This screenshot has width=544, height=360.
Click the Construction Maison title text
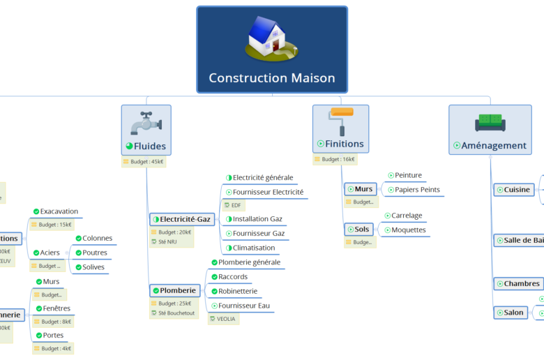tap(271, 78)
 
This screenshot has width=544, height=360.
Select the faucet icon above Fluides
tap(146, 123)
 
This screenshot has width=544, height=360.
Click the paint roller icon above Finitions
tap(341, 121)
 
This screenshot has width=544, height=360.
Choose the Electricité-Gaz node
tap(182, 219)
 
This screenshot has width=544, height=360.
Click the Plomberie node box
tap(175, 290)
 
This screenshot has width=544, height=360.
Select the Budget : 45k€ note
tap(144, 162)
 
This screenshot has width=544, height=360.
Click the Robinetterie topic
tap(238, 291)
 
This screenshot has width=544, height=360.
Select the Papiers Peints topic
tap(417, 190)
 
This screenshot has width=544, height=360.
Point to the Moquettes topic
tap(408, 230)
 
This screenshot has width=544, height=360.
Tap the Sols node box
tap(361, 229)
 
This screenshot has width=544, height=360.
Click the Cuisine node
tap(513, 190)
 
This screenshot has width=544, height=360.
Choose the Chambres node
tap(518, 284)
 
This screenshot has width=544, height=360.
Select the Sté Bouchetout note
tap(171, 314)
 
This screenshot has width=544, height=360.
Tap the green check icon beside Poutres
tap(78, 253)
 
